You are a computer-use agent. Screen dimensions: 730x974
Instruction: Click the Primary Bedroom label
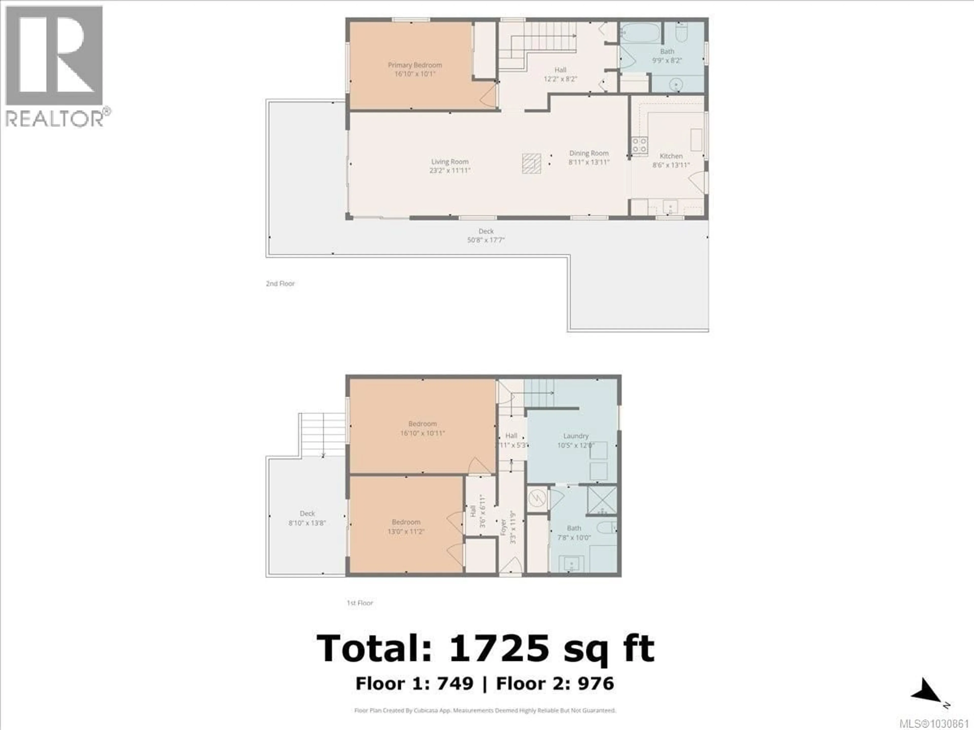[415, 65]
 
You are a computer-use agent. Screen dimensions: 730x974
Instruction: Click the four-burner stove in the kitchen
[639, 145]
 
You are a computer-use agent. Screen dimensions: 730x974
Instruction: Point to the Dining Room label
[589, 153]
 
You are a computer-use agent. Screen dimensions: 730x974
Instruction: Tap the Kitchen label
[671, 156]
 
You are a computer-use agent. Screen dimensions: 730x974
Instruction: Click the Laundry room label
[576, 436]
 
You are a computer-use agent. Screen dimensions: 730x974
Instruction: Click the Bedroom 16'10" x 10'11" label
[422, 428]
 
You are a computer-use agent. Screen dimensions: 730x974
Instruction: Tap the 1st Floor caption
[359, 603]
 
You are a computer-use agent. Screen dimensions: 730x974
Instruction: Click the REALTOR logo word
[54, 119]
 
